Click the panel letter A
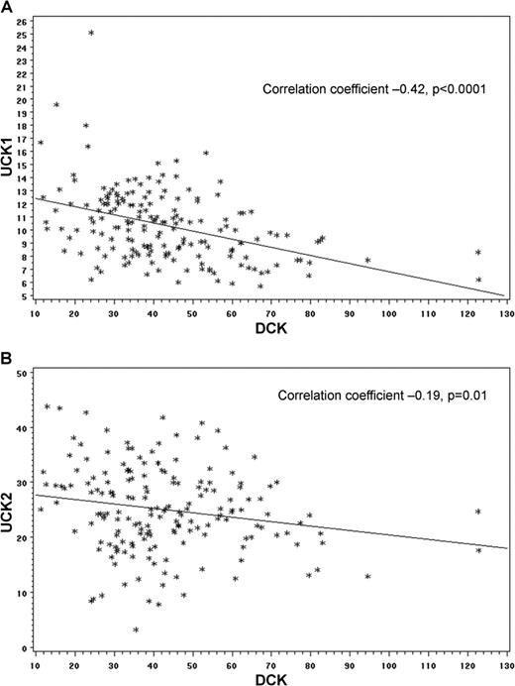tap(7, 8)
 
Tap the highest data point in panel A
tap(91, 33)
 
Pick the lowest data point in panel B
tap(135, 629)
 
